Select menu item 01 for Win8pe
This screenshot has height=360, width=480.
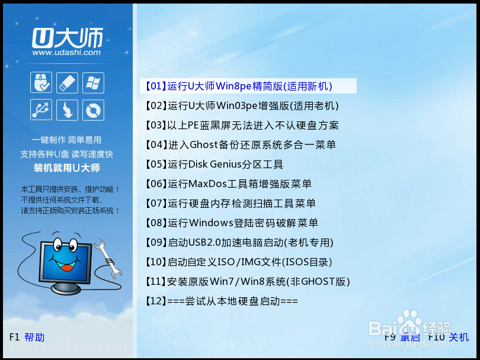(239, 86)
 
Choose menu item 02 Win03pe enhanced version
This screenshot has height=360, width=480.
(242, 106)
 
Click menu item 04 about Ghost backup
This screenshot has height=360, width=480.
(241, 144)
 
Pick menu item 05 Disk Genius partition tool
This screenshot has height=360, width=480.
(214, 164)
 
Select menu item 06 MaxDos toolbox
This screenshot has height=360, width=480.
(228, 184)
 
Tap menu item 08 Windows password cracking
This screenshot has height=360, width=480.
(232, 223)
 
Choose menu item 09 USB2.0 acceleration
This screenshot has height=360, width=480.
(239, 243)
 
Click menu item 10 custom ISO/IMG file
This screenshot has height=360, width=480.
(239, 262)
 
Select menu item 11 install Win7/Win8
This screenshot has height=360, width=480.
(248, 282)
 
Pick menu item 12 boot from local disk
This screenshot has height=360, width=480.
(222, 301)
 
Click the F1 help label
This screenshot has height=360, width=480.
(27, 337)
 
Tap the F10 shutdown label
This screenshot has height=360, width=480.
(449, 337)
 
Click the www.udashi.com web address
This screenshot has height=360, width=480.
(66, 52)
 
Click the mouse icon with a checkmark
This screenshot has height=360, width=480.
(41, 82)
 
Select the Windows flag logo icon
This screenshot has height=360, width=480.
(93, 82)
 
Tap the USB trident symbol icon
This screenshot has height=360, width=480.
(41, 110)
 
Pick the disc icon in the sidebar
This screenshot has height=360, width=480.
(93, 110)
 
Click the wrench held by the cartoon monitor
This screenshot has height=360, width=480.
(108, 259)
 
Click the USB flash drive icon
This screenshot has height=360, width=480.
(67, 82)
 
